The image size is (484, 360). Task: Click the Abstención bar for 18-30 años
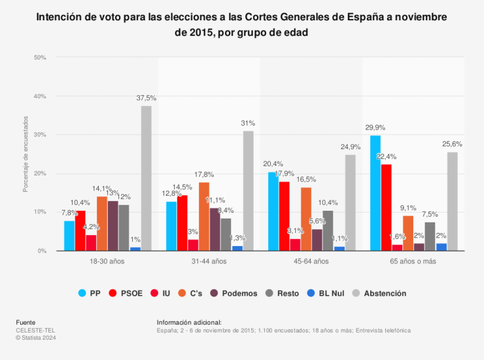(146, 178)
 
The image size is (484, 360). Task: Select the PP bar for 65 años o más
(375, 193)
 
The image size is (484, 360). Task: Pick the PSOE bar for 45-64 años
(285, 216)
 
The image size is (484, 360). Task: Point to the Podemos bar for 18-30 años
(113, 226)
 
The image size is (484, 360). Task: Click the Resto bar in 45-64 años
(328, 230)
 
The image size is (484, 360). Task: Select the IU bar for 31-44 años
(193, 245)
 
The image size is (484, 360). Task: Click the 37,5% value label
(146, 98)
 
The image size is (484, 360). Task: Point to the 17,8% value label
(204, 175)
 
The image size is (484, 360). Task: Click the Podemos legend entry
(233, 293)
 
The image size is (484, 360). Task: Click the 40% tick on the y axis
(39, 96)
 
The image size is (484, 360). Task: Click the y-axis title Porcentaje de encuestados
(26, 154)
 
